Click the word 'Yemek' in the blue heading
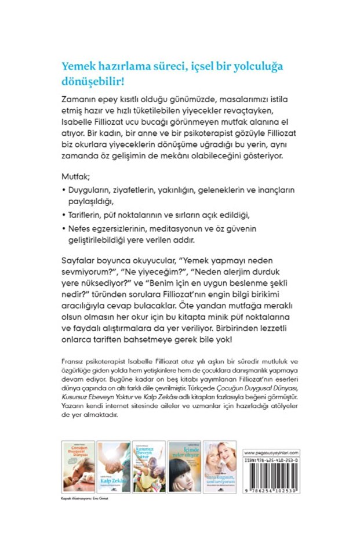pos(79,66)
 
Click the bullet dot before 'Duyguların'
pos(63,191)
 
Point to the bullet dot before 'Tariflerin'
pos(63,215)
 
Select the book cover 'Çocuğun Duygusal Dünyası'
pos(78,465)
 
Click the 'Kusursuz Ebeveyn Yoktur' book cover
pos(148,465)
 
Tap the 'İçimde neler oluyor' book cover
pos(183,465)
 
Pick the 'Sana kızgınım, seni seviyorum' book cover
pos(219,465)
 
